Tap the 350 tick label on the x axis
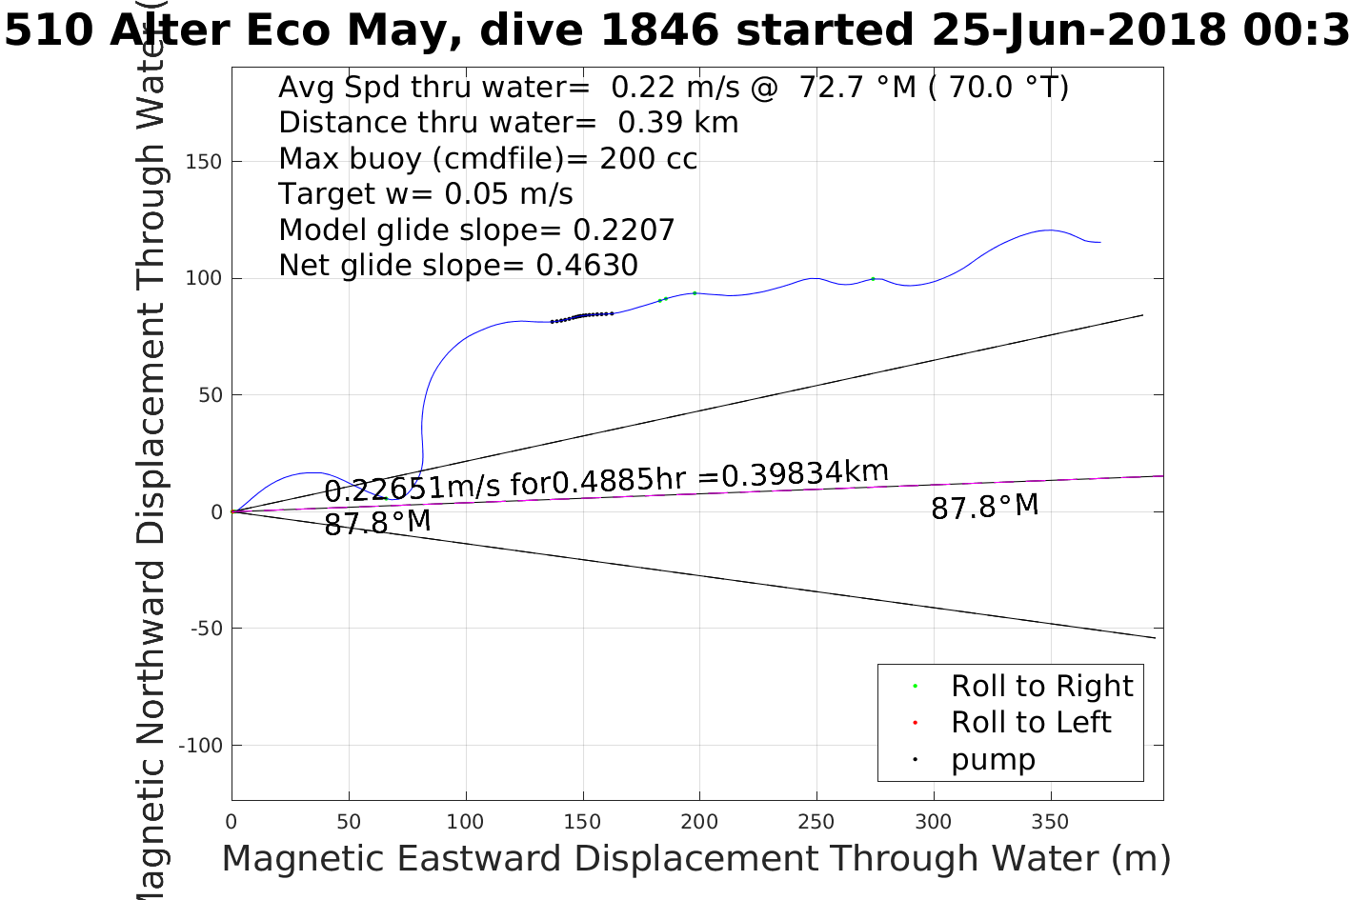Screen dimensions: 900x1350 click(x=1050, y=822)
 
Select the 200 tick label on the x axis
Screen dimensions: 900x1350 click(x=699, y=822)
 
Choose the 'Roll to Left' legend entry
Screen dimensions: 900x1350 click(x=1031, y=722)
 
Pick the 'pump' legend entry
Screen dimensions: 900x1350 click(x=993, y=759)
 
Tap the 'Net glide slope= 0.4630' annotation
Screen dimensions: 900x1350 click(x=458, y=266)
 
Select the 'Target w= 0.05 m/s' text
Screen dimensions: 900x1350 click(x=426, y=194)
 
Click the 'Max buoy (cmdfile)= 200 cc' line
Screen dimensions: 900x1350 click(x=488, y=158)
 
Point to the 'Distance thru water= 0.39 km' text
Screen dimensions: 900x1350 click(x=508, y=123)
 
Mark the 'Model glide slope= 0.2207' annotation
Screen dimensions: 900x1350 click(x=476, y=230)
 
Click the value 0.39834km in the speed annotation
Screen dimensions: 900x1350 click(x=805, y=473)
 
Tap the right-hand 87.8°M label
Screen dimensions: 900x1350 click(x=984, y=507)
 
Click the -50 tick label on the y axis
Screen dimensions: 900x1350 click(x=206, y=629)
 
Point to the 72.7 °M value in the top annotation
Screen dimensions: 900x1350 click(x=857, y=88)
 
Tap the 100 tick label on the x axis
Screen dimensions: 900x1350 click(x=466, y=822)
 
